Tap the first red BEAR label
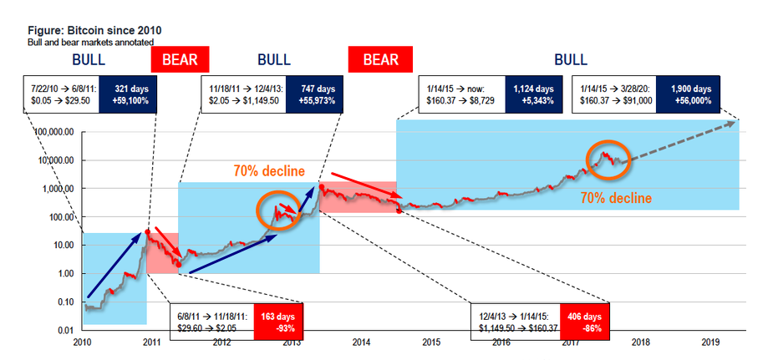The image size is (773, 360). point(179,60)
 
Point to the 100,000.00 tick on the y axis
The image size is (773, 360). point(54,132)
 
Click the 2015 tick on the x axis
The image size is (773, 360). point(431,342)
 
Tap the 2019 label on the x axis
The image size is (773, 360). point(710,342)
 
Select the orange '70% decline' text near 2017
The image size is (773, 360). point(616,199)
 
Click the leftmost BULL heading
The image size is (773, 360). point(89,60)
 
